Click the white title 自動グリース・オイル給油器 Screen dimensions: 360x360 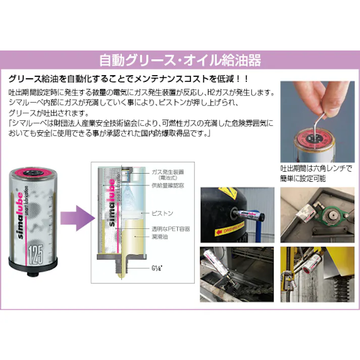point(180,61)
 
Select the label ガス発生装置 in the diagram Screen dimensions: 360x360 point(165,172)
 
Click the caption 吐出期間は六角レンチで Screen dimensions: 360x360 point(316,169)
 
